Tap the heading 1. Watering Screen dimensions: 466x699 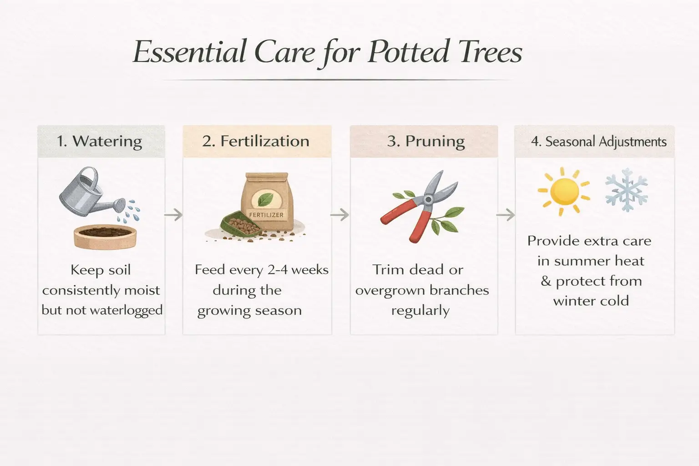(x=99, y=141)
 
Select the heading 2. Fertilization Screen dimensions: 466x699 (x=256, y=141)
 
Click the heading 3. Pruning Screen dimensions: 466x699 (x=426, y=141)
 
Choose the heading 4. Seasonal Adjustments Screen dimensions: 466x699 (x=598, y=142)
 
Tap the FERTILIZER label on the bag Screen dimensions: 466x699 (x=266, y=215)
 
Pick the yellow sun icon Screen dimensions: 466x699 (x=563, y=191)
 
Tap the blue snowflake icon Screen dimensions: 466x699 (x=626, y=190)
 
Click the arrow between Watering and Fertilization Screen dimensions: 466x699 (x=173, y=214)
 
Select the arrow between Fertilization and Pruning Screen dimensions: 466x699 (x=340, y=214)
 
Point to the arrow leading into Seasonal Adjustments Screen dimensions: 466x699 (x=506, y=214)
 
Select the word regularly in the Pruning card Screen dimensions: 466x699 (x=420, y=310)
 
